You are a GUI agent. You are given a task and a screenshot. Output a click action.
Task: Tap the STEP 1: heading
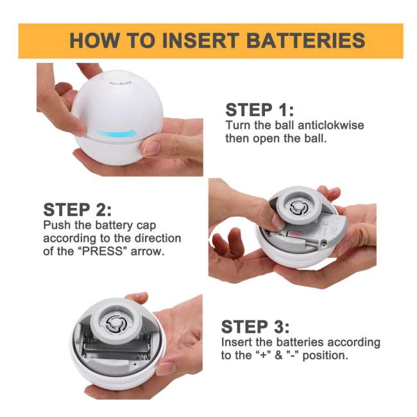260,110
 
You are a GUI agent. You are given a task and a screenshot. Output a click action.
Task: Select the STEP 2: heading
78,210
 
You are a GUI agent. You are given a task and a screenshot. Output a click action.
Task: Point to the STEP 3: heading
255,327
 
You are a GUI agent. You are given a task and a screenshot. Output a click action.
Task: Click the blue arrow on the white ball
117,133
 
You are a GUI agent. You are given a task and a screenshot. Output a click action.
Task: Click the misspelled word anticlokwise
331,125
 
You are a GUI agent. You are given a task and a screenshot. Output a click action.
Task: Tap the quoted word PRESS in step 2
103,251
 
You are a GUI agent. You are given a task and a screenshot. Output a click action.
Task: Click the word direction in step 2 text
158,238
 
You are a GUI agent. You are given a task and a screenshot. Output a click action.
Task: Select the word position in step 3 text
325,355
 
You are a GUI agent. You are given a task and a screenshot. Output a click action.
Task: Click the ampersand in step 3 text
278,355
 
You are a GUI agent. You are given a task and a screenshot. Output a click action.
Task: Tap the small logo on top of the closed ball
120,83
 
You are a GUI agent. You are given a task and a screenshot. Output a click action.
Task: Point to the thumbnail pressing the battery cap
278,223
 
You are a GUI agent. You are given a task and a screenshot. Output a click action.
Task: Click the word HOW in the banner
94,40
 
